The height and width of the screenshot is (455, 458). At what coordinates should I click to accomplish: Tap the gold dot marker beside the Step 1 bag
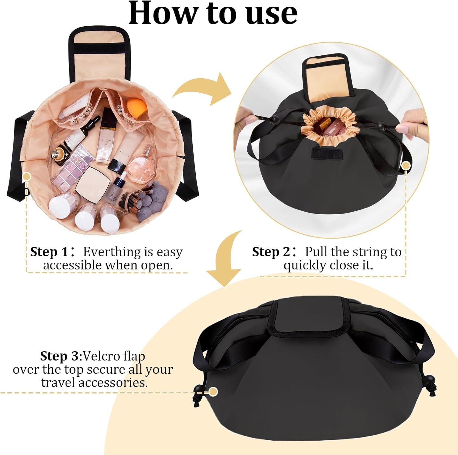pyautogui.click(x=27, y=176)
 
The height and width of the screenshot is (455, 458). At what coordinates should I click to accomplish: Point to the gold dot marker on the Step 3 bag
pyautogui.click(x=213, y=392)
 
